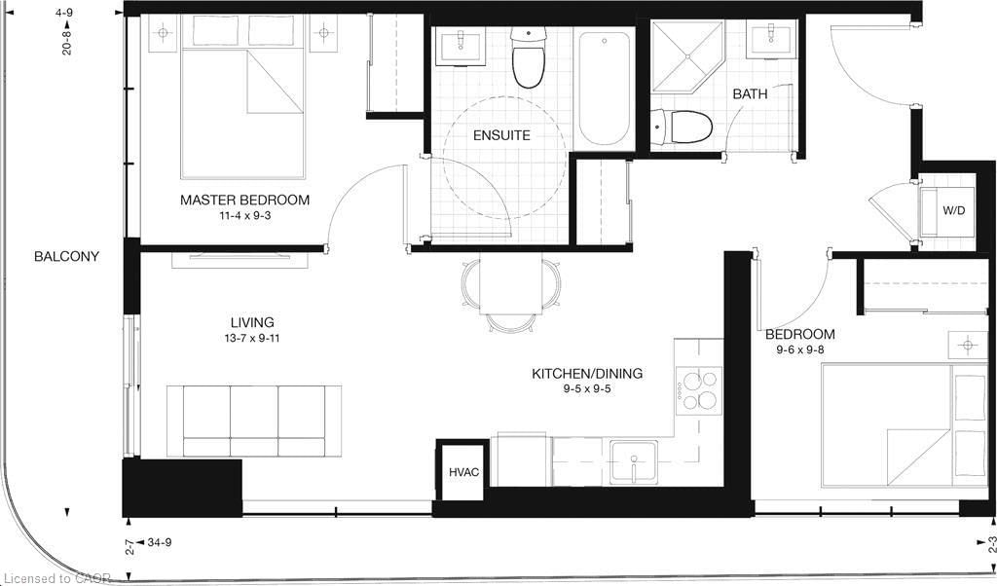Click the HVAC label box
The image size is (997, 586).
pos(463,471)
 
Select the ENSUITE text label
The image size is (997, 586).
pos(501,135)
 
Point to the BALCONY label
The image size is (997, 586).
pos(67,256)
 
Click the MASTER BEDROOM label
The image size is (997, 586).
pos(244,200)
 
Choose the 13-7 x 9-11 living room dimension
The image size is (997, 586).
pos(252,338)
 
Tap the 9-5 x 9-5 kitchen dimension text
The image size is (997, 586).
pos(587,389)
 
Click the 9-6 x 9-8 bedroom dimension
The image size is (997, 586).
pos(800,349)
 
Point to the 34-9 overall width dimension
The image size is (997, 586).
pos(160,543)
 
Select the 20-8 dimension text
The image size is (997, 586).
pos(67,38)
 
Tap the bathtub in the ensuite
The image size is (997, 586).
pos(604,88)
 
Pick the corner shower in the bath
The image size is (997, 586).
pos(688,57)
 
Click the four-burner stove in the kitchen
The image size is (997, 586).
pos(699,391)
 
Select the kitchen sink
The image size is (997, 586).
pos(633,462)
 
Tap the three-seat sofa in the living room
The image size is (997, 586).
pos(254,421)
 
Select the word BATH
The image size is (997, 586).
pos(751,94)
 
